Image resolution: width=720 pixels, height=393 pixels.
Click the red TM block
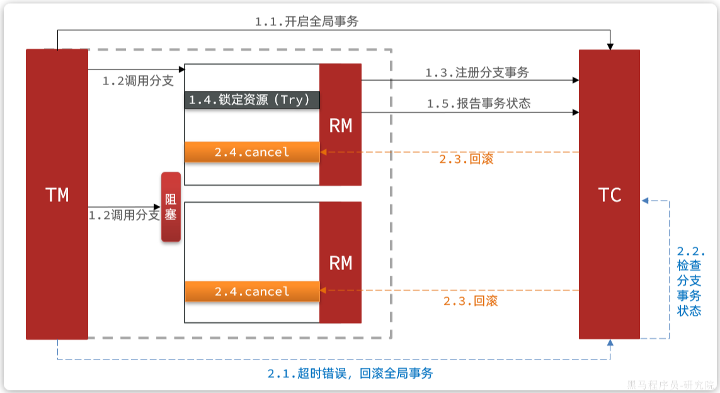click(x=57, y=194)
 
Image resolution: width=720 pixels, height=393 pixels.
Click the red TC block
click(x=609, y=194)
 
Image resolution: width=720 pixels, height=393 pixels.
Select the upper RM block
click(x=340, y=125)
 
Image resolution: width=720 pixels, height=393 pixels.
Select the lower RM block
click(x=340, y=262)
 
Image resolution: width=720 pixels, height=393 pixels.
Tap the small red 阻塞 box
click(x=171, y=207)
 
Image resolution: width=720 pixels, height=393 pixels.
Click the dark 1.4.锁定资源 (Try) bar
click(x=252, y=100)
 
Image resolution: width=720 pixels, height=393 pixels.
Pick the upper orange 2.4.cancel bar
click(x=252, y=152)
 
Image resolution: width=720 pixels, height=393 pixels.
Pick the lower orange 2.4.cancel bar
click(x=252, y=291)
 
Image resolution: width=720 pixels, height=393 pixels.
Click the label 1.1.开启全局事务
click(x=306, y=21)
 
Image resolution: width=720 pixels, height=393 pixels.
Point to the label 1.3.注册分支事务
click(x=477, y=73)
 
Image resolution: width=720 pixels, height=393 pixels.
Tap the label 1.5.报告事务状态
click(x=478, y=103)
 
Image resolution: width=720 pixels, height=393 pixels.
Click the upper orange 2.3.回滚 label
click(x=466, y=159)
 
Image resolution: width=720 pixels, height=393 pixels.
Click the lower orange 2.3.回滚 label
click(x=470, y=301)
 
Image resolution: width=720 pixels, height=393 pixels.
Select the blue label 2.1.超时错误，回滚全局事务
click(x=350, y=373)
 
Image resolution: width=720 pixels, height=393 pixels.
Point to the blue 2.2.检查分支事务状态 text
click(x=689, y=281)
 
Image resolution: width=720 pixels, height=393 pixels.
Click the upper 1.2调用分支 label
click(x=138, y=81)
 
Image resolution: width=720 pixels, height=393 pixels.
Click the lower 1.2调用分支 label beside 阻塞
click(x=123, y=215)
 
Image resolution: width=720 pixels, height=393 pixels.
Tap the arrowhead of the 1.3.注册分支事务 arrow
click(x=575, y=80)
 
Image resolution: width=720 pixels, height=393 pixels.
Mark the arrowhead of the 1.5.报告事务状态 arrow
click(x=575, y=112)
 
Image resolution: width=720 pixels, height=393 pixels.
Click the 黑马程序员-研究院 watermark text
click(x=670, y=384)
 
